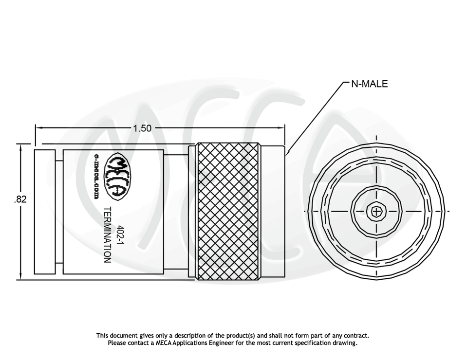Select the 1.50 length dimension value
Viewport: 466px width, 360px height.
[142, 128]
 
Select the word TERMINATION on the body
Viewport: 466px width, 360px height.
[107, 235]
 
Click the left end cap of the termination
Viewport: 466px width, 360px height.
[45, 212]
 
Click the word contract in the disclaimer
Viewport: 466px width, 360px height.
[357, 336]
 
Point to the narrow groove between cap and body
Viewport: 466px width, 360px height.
[59, 212]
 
